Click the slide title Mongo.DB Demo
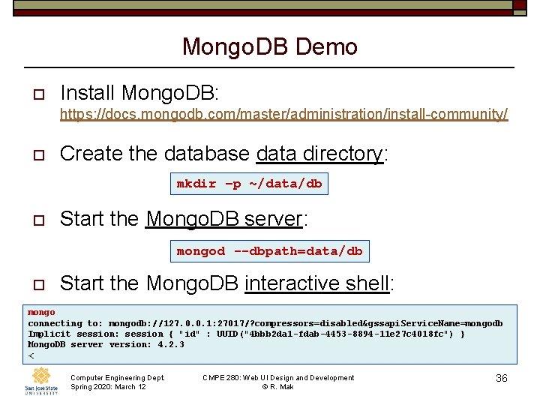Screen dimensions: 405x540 [270, 47]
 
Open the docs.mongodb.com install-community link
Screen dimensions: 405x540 [283, 114]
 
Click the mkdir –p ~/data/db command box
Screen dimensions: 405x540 [249, 184]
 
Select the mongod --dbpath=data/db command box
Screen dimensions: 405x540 [269, 251]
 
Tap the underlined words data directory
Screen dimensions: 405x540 [319, 154]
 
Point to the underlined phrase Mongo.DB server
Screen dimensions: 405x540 [223, 219]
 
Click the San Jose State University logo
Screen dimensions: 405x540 [40, 381]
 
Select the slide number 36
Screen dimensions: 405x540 [502, 379]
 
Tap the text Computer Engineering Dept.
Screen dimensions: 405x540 [117, 378]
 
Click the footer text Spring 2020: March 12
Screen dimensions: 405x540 [108, 387]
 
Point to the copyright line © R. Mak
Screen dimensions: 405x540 [277, 387]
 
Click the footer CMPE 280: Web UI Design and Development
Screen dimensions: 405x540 [278, 378]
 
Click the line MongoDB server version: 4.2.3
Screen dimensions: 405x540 [106, 344]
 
